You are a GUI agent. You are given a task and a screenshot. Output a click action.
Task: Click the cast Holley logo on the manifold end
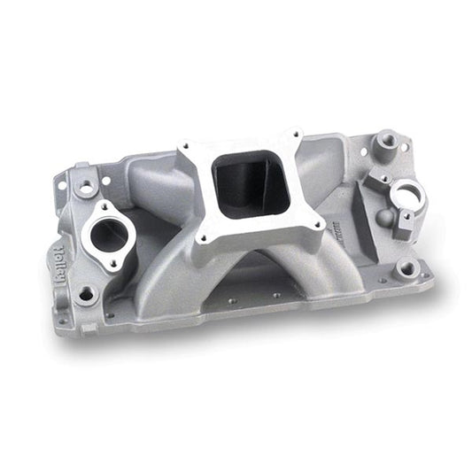click(55, 260)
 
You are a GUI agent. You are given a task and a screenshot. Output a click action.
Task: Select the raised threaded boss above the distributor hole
click(387, 141)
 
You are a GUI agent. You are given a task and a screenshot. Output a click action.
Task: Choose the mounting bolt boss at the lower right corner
click(407, 267)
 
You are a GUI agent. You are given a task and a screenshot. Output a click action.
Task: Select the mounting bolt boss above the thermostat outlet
click(85, 188)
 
